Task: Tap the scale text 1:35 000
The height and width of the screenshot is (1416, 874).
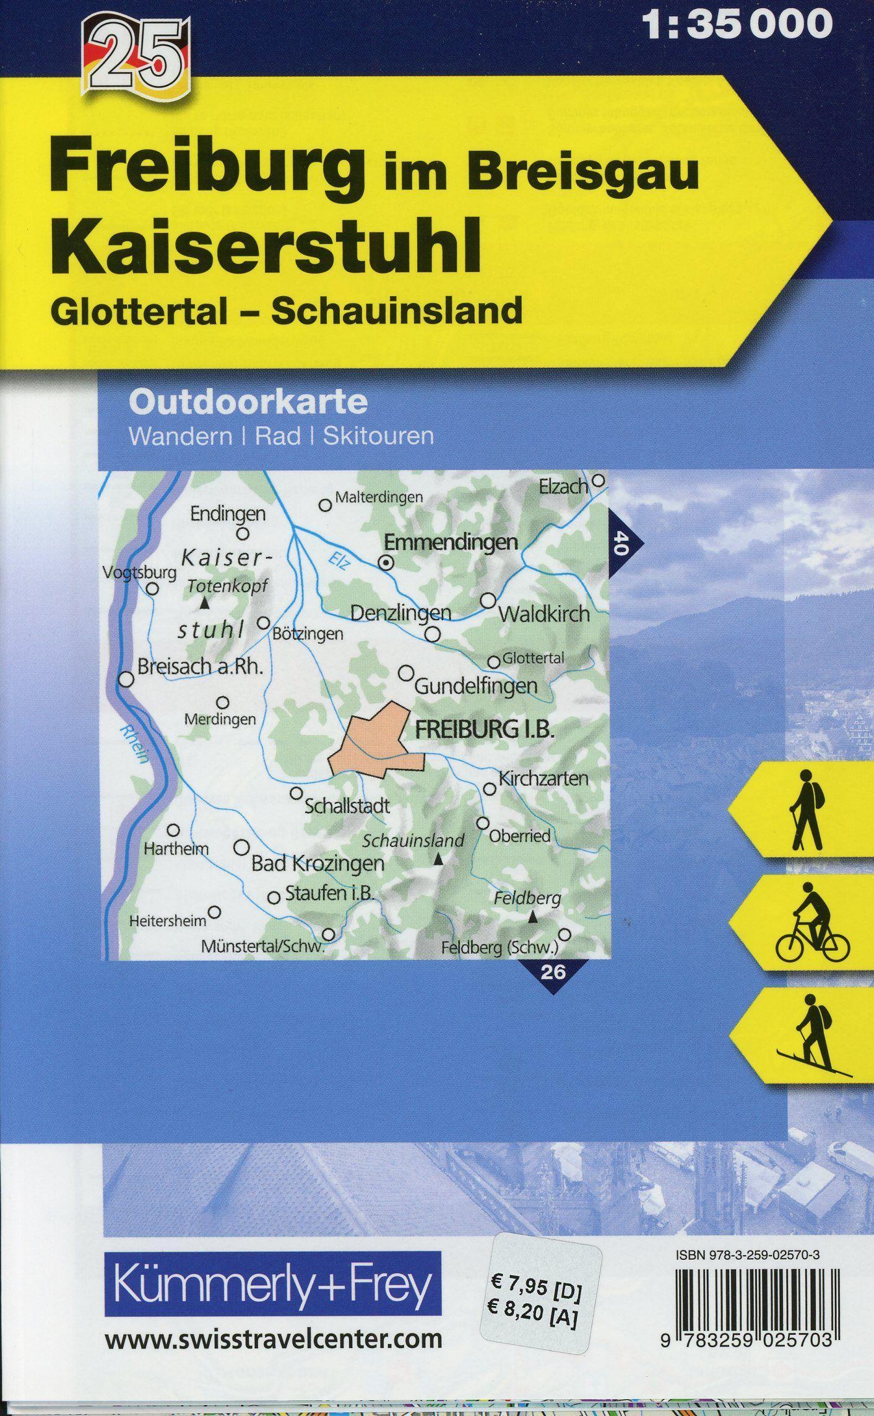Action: pos(738,25)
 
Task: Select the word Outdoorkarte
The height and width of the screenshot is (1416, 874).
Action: pos(248,403)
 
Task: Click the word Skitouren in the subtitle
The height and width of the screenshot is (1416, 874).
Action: pos(378,437)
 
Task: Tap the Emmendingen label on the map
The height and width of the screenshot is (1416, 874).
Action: pos(451,543)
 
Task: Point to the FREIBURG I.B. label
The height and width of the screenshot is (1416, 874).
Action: pos(483,730)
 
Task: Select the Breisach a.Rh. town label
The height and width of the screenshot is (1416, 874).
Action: pos(201,668)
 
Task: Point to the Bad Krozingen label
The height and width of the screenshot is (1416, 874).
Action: pos(318,863)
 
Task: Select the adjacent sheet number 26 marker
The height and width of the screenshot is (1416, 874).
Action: pos(552,972)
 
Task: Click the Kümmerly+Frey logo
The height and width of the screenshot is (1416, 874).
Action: pos(273,1217)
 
